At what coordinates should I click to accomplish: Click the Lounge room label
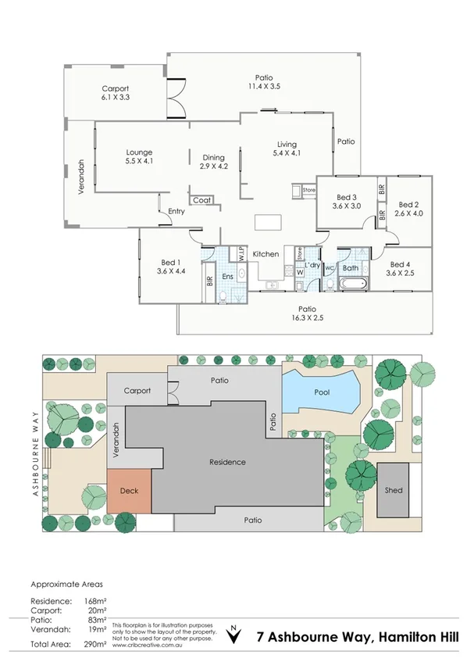pos(140,152)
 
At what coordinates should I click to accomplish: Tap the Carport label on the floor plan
pos(114,88)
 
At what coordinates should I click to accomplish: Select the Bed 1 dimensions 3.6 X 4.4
pos(170,271)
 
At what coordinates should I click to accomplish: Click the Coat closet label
pos(201,200)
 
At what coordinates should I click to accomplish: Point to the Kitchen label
pos(266,254)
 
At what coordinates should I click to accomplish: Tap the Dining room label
pos(213,156)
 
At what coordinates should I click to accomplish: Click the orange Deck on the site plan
pos(129,492)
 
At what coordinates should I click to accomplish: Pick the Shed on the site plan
pos(394,490)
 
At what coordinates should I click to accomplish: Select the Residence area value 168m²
pos(94,599)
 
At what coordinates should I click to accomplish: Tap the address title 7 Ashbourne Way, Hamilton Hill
pos(358,636)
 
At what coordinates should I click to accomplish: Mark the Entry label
pos(176,211)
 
